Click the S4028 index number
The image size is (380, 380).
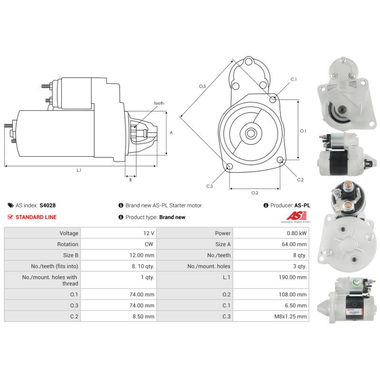[47, 206]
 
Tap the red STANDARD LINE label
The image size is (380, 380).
[36, 217]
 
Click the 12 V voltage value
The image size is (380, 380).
[148, 233]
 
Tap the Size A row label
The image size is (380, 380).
[223, 244]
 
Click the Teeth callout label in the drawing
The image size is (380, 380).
[159, 103]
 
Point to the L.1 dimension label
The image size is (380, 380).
[79, 170]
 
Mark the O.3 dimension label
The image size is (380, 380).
[202, 86]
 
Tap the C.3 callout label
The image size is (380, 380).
[209, 186]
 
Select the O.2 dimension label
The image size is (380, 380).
[255, 192]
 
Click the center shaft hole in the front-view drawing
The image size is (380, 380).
[250, 133]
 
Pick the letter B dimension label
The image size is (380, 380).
[130, 180]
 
